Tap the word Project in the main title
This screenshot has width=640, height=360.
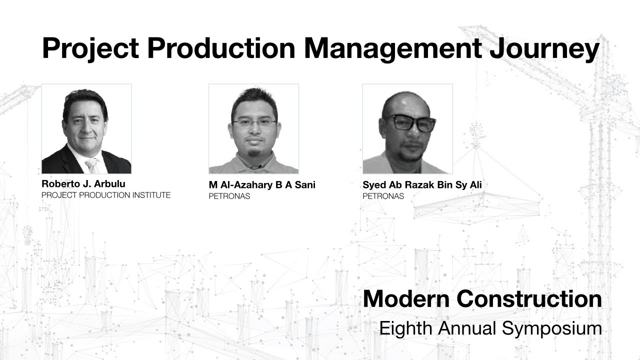89,49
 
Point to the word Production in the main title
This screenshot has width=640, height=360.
220,49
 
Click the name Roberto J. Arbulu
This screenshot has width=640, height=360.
83,183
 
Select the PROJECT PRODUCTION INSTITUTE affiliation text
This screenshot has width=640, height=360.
106,195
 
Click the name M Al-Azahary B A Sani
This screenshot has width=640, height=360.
262,185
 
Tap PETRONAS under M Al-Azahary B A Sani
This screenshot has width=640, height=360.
229,196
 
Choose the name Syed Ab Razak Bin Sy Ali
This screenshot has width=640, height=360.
422,185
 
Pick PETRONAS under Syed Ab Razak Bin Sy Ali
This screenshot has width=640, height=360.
383,196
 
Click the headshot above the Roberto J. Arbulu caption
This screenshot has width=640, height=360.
86,128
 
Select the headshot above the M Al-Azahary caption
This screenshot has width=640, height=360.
253,128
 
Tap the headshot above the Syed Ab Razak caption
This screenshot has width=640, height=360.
407,128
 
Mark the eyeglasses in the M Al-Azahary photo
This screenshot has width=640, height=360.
254,122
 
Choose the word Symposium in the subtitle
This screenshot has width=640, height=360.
552,328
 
